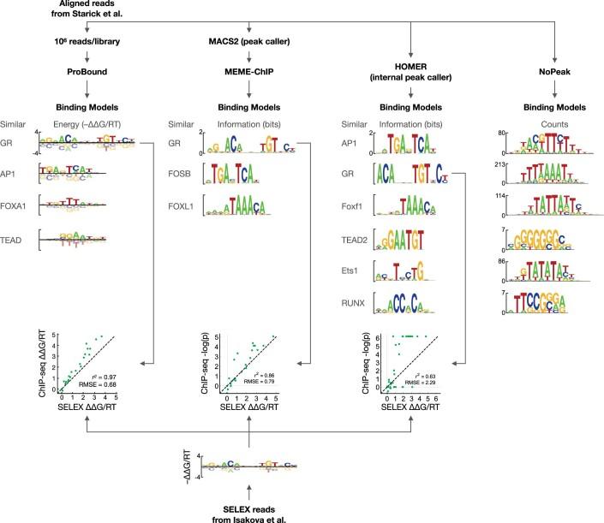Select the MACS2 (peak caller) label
tap(248, 40)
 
